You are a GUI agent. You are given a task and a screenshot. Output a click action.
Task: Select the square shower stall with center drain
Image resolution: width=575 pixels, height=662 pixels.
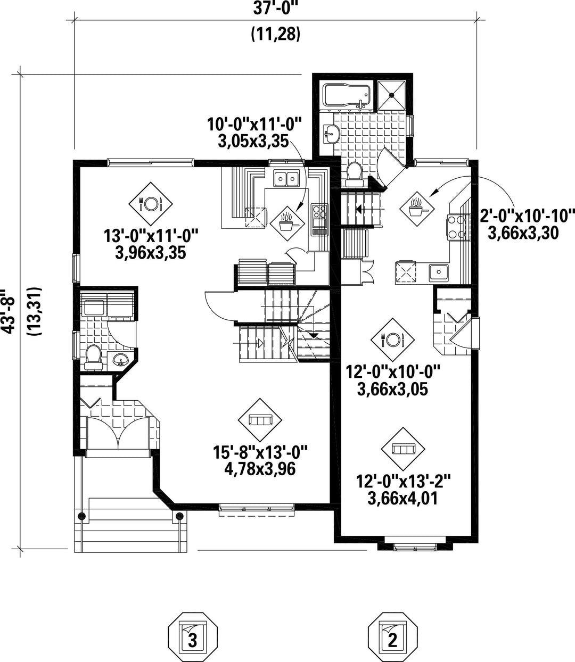click(x=391, y=95)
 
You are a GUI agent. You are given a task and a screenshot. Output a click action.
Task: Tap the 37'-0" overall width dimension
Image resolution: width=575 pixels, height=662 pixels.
click(x=276, y=9)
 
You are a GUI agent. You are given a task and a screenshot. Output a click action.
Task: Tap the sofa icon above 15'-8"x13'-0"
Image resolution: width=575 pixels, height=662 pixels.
click(x=260, y=420)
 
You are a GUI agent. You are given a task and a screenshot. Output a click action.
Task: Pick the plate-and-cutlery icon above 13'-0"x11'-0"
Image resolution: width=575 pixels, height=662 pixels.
click(x=151, y=204)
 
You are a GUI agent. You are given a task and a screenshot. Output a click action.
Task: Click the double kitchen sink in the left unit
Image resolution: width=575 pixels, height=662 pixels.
click(x=286, y=178)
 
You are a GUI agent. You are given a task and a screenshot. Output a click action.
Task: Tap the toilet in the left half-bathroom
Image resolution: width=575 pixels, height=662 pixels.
click(x=94, y=357)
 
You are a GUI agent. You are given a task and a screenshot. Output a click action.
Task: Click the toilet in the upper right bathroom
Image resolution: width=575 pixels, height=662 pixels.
click(x=355, y=174)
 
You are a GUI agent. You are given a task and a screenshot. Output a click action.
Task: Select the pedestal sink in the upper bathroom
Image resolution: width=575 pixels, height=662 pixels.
click(x=331, y=134)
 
